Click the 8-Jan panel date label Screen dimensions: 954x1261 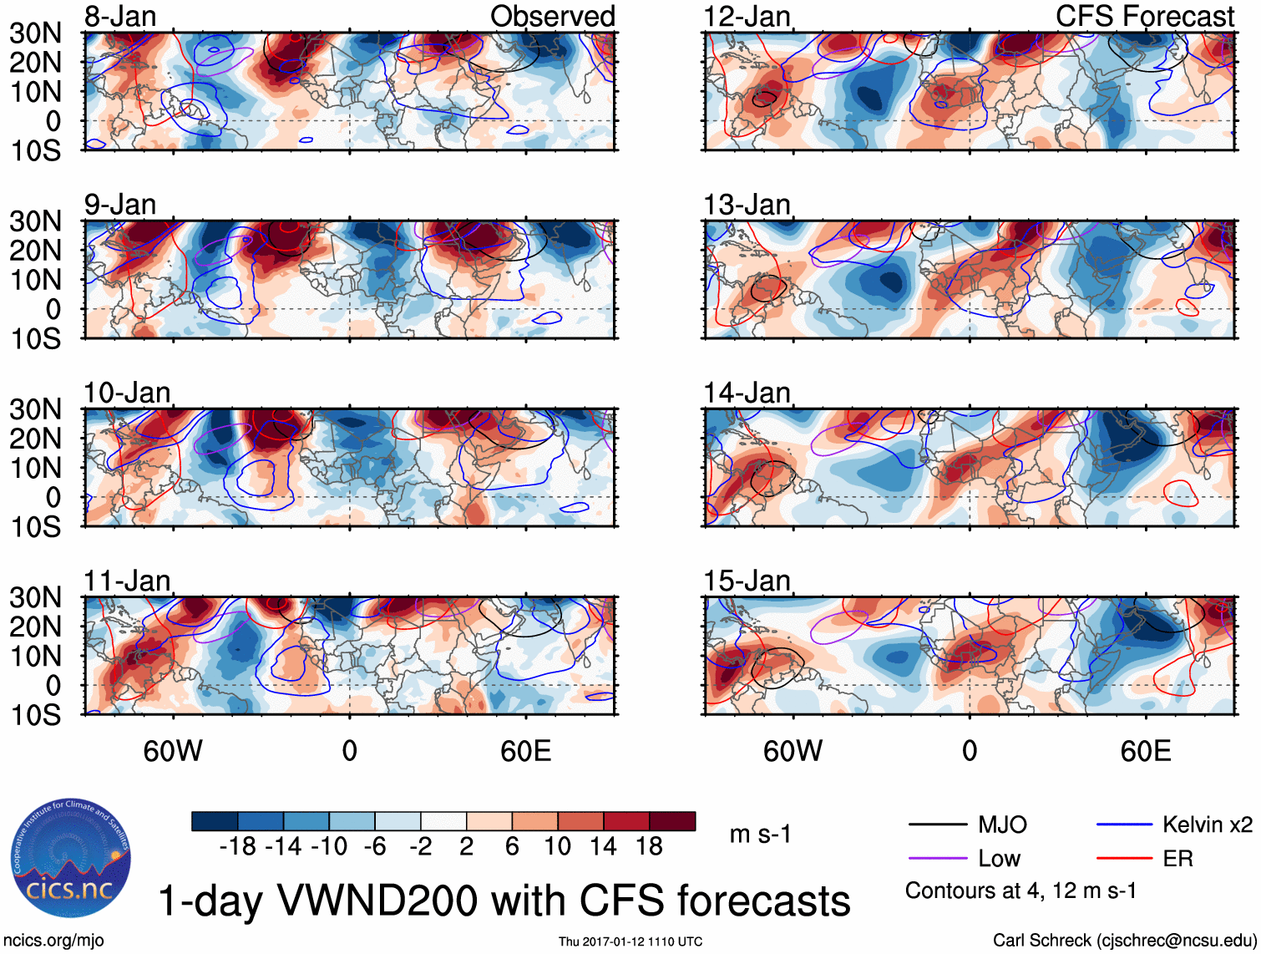tap(120, 17)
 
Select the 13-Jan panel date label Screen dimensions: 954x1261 tap(747, 205)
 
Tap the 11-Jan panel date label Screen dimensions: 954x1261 tap(127, 581)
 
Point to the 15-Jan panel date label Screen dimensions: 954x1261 tap(747, 581)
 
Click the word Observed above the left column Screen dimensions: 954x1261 tap(552, 17)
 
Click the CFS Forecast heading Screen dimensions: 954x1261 tap(1144, 17)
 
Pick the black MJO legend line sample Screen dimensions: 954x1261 tap(937, 825)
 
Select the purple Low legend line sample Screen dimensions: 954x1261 tap(937, 859)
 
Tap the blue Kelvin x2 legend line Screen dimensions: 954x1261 tap(1124, 825)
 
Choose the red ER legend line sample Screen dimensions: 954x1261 tap(1124, 859)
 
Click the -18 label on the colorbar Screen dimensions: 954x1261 tap(237, 847)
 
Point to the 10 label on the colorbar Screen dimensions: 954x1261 tap(557, 847)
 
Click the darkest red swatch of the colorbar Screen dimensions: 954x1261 tap(672, 822)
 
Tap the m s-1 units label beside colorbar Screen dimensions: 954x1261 tap(760, 835)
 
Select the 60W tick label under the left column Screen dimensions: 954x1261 tap(173, 751)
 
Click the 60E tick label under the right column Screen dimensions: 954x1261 tap(1145, 751)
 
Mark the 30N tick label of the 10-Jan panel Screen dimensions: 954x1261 tap(35, 409)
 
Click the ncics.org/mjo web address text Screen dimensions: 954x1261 tap(53, 941)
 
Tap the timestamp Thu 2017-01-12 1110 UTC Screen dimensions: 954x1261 tap(630, 941)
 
